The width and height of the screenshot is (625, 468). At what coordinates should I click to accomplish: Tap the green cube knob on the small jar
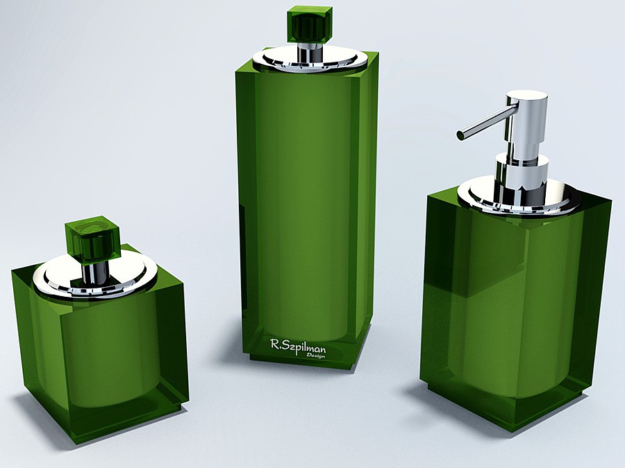pos(93,238)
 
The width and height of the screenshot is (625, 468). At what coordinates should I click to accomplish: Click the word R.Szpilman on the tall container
pos(298,346)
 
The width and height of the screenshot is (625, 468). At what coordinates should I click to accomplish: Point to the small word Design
pos(315,356)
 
